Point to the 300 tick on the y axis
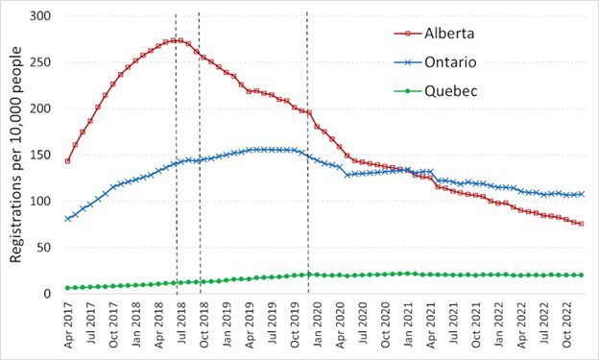click(41, 15)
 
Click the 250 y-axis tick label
click(41, 61)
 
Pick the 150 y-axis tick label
click(41, 155)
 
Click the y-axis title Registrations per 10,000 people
click(16, 155)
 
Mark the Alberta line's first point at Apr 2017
click(67, 161)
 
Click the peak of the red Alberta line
click(177, 40)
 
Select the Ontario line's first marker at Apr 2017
click(67, 219)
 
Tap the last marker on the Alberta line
click(582, 224)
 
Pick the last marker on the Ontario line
click(582, 194)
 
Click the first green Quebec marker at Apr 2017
click(67, 288)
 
